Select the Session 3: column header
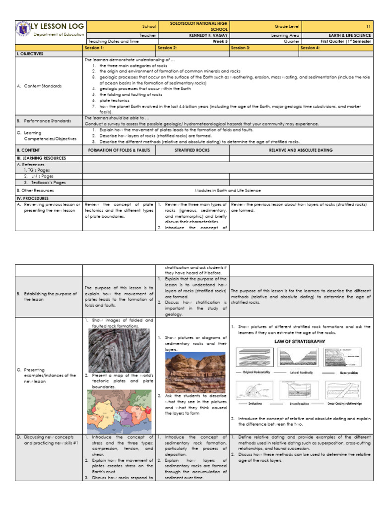tap(241, 48)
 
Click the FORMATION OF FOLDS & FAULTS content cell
tap(119, 149)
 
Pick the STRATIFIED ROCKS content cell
tap(192, 149)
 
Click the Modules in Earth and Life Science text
tap(228, 190)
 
